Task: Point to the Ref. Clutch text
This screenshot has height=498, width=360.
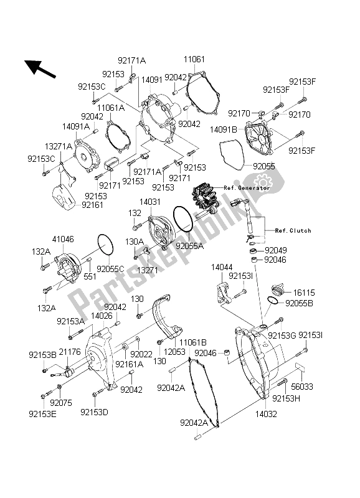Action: [x=292, y=230]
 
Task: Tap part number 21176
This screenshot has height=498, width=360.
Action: [x=71, y=352]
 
